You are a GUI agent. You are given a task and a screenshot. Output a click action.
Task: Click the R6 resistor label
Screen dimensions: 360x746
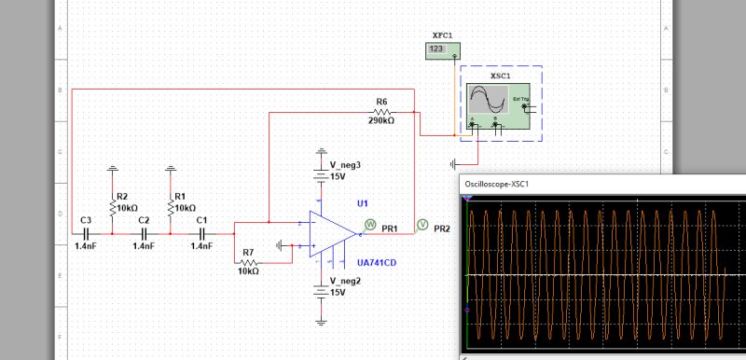[x=381, y=101]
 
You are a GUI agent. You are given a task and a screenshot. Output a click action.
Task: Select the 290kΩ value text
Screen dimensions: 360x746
[x=381, y=120]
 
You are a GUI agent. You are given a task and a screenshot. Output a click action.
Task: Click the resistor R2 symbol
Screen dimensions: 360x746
[x=113, y=208]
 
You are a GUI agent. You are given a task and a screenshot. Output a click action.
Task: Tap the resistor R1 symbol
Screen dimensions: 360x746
[x=171, y=208]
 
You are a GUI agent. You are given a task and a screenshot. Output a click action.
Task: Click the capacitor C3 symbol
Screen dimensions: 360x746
[x=85, y=232]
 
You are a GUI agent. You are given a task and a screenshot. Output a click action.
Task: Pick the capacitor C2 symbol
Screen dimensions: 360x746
[x=143, y=232]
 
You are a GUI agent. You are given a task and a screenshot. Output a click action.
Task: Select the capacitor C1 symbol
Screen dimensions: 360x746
[x=200, y=232]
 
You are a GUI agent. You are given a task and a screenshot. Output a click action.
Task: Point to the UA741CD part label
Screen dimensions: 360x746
[x=377, y=263]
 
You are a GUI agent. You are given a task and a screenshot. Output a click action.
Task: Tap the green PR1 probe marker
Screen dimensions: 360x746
[x=370, y=224]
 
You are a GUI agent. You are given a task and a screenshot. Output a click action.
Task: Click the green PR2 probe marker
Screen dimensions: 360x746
[x=421, y=224]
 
